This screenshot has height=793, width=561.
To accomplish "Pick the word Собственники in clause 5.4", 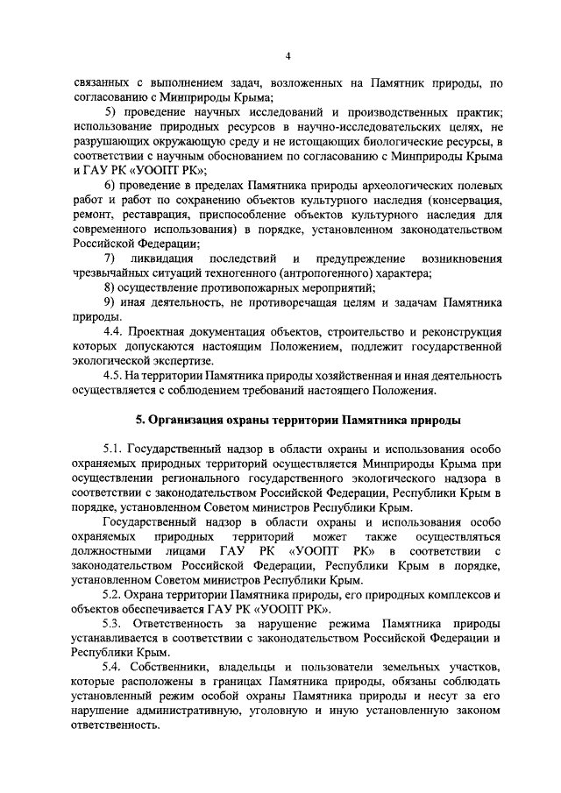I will tap(176, 667).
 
